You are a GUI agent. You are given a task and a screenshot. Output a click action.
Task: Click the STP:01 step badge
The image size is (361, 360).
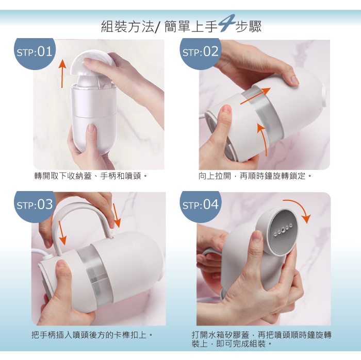coord(35,54)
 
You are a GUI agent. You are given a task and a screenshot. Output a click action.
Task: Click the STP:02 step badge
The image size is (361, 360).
coord(200,54)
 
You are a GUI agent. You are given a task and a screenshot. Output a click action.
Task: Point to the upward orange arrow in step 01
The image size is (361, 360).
coord(62,74)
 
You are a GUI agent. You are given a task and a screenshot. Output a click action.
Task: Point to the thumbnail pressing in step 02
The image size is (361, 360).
coord(226,110)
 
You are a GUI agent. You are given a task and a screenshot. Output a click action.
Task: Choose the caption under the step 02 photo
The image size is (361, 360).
coord(255,176)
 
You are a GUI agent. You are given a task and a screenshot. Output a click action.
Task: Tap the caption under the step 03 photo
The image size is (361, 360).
coord(92,335)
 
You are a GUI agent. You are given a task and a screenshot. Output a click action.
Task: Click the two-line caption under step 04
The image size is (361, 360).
coord(261,339)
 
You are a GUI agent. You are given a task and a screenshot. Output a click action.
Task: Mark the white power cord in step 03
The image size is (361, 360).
coord(40,252)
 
